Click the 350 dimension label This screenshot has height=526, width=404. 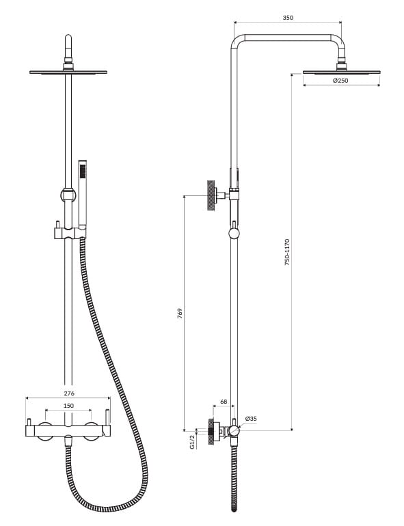click(288, 18)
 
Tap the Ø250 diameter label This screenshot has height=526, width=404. click(340, 81)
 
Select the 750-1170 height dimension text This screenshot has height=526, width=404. click(287, 252)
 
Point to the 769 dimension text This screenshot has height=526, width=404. click(180, 313)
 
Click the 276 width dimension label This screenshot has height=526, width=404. click(69, 393)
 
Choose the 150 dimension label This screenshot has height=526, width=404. click(68, 406)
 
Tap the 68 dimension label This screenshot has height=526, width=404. click(224, 402)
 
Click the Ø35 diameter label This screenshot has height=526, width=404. click(251, 418)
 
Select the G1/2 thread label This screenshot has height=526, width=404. click(192, 442)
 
